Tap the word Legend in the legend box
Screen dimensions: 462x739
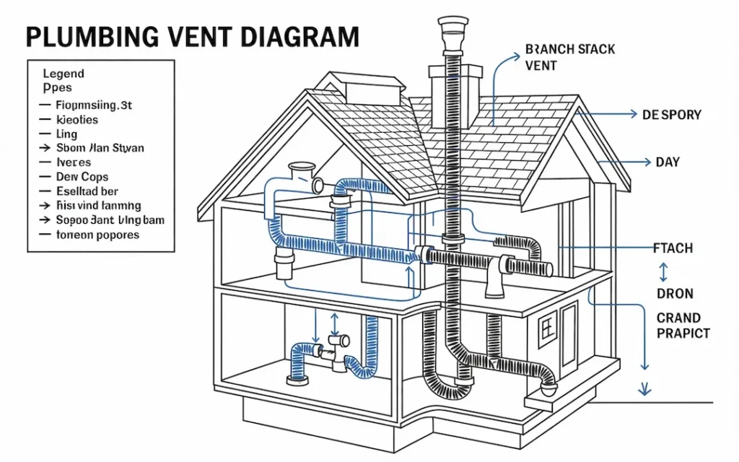coord(64,74)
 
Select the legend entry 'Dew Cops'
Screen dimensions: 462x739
coord(82,177)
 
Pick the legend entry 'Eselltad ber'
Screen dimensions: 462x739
coord(87,191)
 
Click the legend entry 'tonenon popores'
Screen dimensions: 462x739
coord(97,235)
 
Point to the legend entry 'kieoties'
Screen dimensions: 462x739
coord(76,120)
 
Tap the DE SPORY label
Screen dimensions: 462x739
coord(671,115)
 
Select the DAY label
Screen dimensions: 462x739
coord(668,162)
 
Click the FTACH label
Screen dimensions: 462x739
coord(673,248)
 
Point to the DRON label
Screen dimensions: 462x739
coord(675,294)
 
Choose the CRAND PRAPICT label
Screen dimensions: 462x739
coord(682,326)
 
